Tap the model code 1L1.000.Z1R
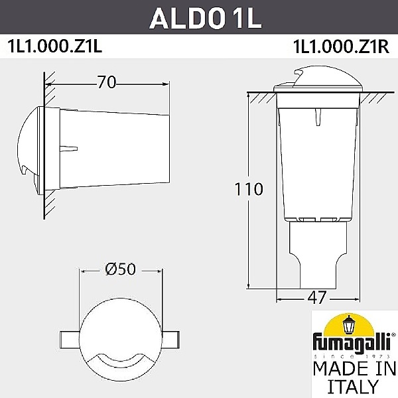[338, 48]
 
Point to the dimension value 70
[107, 82]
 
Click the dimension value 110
[248, 188]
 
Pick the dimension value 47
[318, 297]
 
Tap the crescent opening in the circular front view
[121, 359]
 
